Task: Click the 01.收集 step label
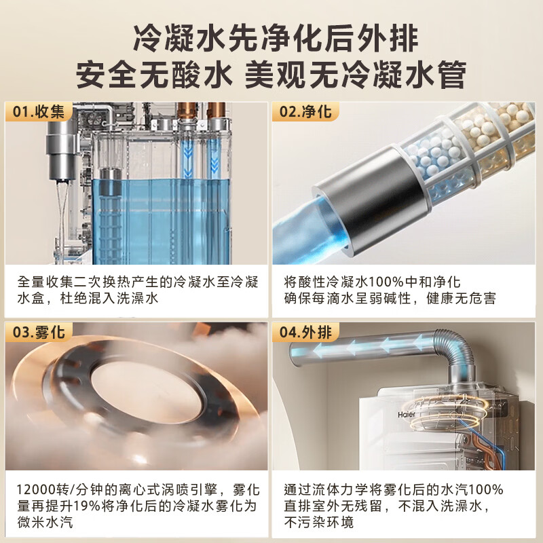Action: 39,112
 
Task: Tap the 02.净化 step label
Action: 305,112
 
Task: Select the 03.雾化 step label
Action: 39,332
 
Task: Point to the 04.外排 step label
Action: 305,332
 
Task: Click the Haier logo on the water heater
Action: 406,415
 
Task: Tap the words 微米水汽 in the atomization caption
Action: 45,522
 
